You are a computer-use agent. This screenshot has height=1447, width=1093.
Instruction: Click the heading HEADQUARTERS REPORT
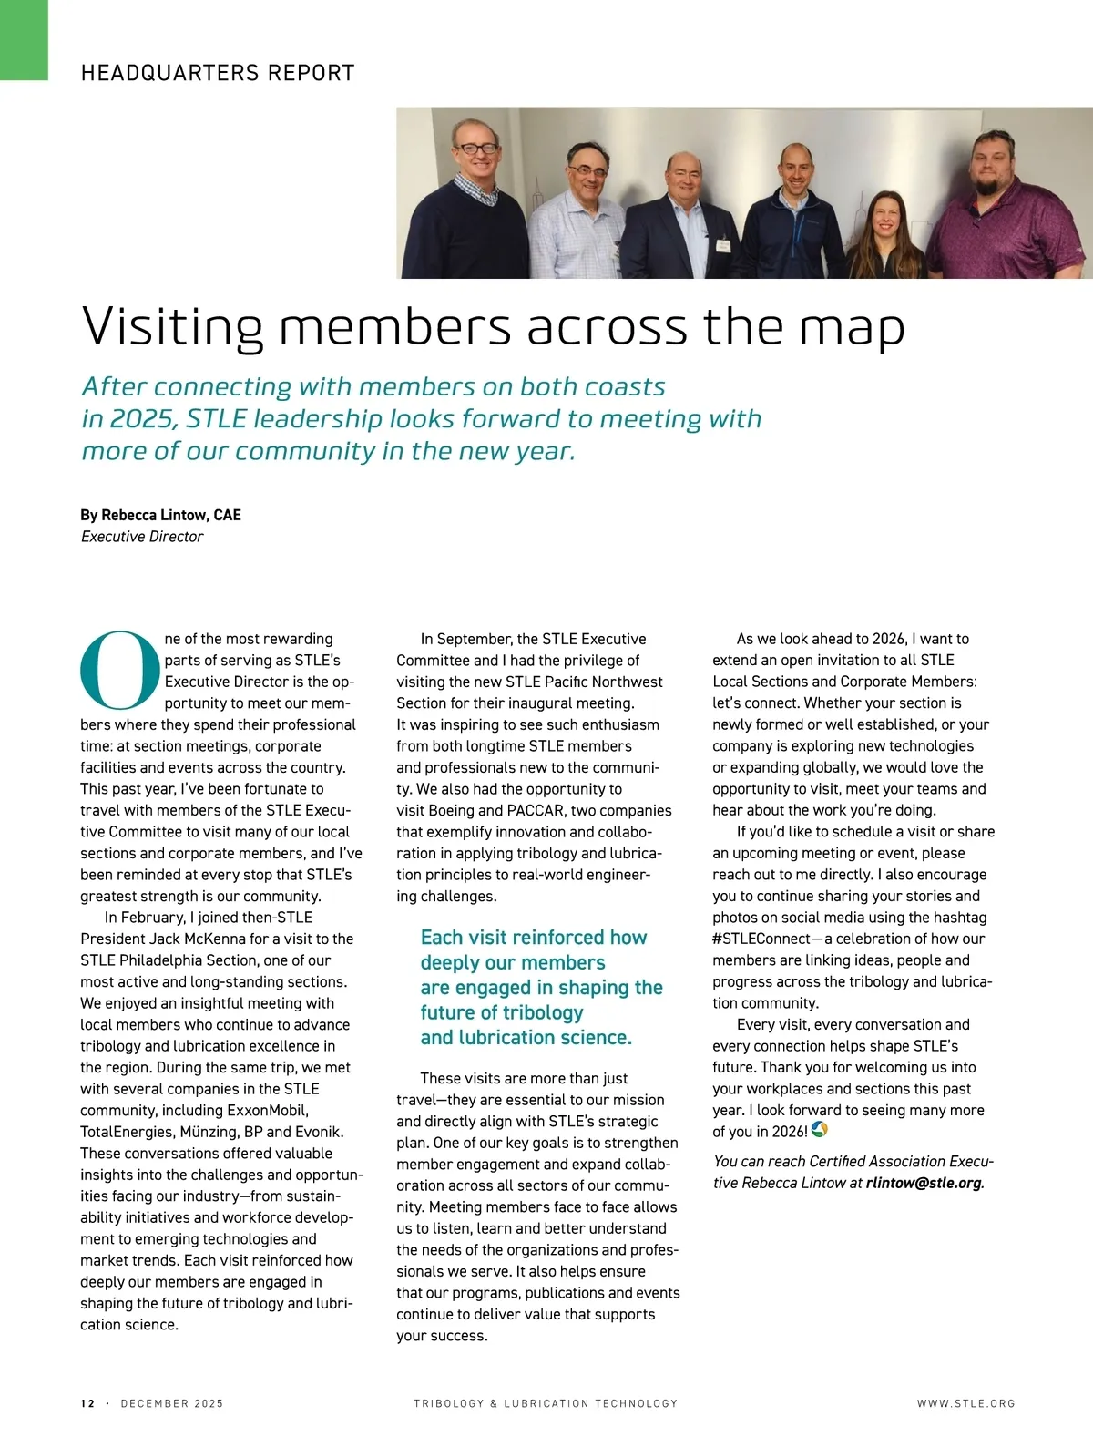click(218, 73)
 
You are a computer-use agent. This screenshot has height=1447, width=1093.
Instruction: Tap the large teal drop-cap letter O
click(120, 670)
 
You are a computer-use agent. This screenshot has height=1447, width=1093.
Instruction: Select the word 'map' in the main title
click(852, 328)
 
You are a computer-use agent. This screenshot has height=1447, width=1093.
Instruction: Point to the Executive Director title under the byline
click(142, 537)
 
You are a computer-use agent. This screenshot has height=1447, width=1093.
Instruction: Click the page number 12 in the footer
click(87, 1403)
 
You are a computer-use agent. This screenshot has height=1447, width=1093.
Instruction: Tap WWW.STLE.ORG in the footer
click(965, 1403)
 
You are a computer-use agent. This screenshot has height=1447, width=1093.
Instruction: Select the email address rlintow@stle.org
click(924, 1183)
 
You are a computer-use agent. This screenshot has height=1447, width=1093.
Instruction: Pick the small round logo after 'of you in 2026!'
click(819, 1130)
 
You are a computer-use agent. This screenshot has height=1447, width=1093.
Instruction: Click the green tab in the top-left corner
click(24, 40)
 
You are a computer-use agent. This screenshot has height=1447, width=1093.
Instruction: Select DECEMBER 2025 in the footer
click(171, 1403)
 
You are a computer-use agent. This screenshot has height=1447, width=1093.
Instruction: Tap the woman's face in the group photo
click(885, 217)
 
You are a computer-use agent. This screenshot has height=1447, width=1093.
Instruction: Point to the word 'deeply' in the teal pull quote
click(452, 963)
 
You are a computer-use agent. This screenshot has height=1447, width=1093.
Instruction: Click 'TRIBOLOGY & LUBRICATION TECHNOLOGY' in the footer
click(546, 1403)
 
